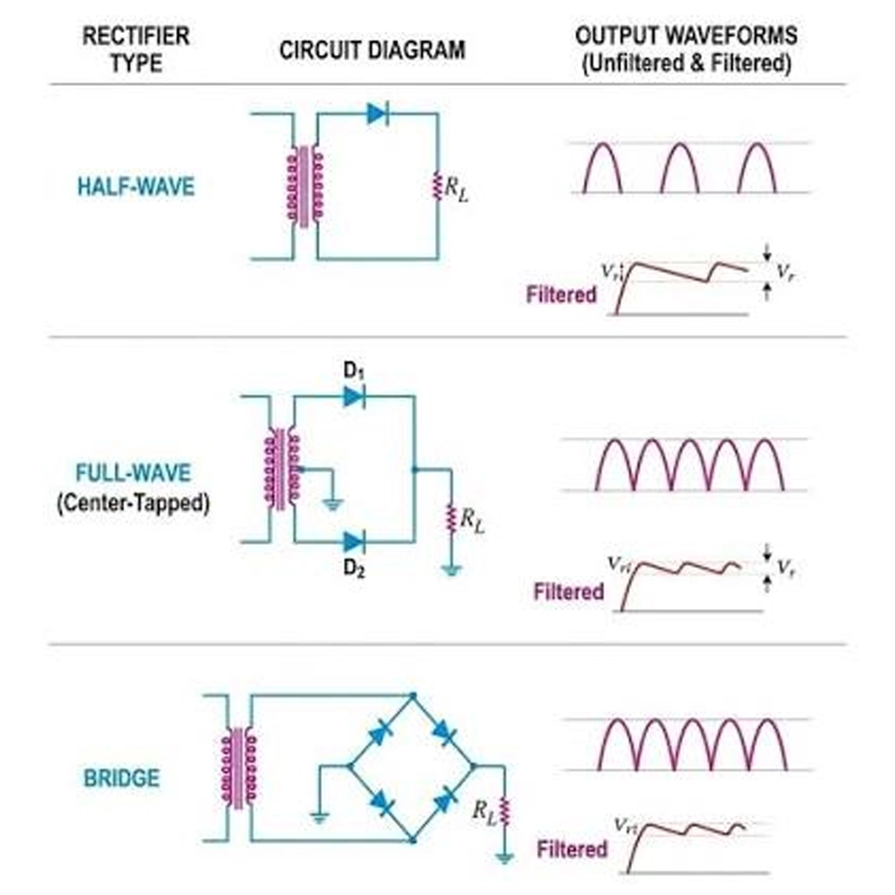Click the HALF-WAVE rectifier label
(136, 187)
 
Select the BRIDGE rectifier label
(122, 778)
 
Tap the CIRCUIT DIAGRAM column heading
(372, 50)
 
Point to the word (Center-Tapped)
(133, 503)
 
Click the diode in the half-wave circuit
(378, 114)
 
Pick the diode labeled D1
(354, 396)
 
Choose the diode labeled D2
(354, 541)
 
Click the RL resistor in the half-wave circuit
(438, 186)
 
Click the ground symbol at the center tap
(333, 503)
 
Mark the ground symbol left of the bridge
(320, 818)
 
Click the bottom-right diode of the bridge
(444, 800)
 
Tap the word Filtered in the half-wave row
(561, 294)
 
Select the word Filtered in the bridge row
(571, 848)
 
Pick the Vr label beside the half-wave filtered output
(786, 272)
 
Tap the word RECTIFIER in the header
(136, 36)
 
